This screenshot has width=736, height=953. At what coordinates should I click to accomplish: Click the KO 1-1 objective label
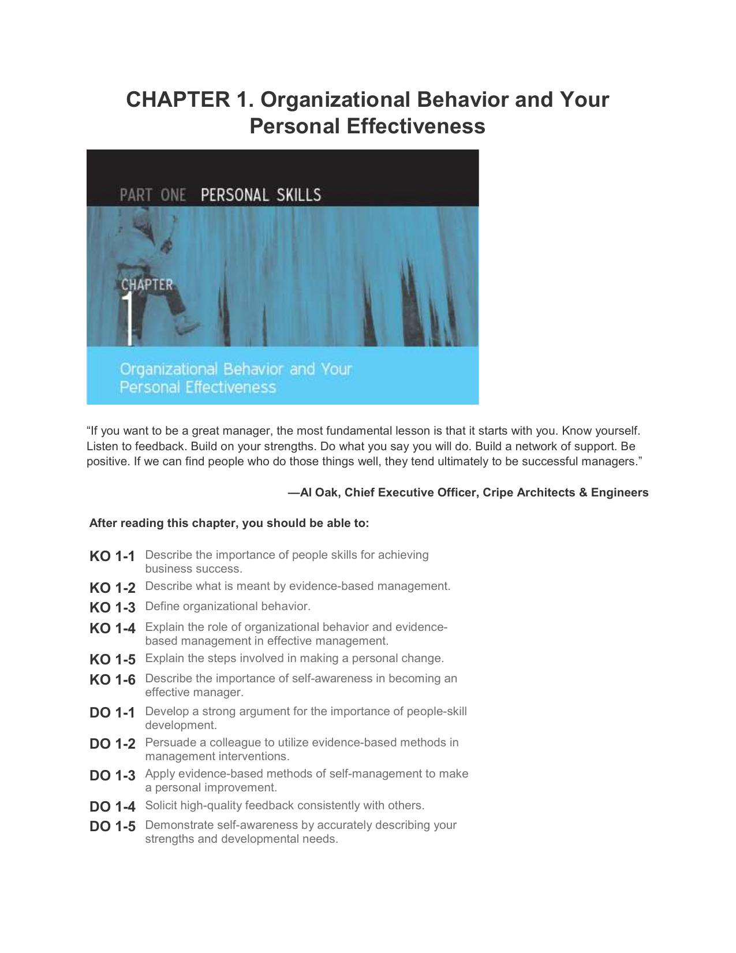pos(112,556)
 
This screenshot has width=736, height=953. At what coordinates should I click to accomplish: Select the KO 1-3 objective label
pos(112,607)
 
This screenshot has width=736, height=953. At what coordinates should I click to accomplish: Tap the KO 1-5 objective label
pos(112,659)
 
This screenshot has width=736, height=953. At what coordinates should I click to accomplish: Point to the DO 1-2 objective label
pos(112,743)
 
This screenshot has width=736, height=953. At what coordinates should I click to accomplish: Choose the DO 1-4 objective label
pos(112,806)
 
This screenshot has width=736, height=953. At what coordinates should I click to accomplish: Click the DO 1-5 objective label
pos(112,826)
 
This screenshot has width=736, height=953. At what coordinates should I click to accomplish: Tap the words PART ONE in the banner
pos(152,195)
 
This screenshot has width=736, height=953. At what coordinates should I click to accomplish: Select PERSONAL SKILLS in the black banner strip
pos(260,195)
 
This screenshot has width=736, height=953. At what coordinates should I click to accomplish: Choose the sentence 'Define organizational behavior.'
pos(227,606)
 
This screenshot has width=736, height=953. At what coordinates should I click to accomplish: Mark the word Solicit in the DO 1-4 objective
pos(161,805)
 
